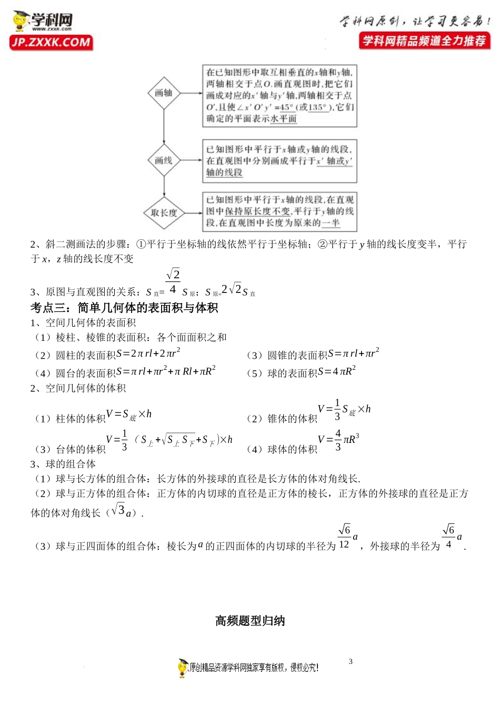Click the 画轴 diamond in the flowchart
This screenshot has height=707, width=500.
(164, 93)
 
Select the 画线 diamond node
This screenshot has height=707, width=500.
(164, 160)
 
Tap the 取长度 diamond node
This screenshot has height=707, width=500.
(164, 213)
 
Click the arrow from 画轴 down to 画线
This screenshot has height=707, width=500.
(164, 126)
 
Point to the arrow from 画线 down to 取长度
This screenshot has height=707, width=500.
(164, 187)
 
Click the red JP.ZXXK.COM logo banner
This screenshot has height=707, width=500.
(51, 43)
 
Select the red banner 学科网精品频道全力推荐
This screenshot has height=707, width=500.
(424, 41)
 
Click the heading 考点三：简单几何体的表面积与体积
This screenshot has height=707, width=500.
(124, 308)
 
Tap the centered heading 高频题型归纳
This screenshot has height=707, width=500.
(250, 621)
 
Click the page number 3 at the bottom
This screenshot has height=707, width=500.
(351, 661)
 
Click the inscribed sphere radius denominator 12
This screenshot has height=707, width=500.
(344, 544)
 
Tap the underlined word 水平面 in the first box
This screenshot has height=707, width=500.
(284, 119)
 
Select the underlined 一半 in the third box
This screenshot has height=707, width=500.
(331, 223)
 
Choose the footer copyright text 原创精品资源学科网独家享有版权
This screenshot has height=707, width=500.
(253, 668)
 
